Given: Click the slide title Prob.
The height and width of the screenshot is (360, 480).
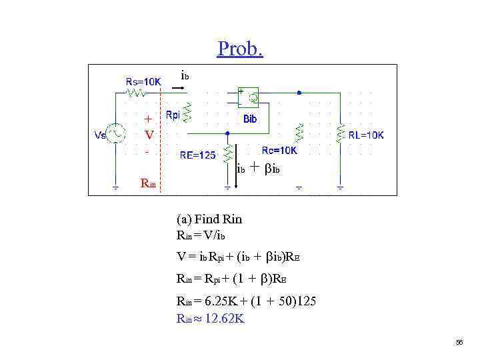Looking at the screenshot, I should point(240,49).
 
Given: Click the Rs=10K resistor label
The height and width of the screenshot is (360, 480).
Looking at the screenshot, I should point(143,82).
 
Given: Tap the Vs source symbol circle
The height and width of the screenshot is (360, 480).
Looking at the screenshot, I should point(115,135).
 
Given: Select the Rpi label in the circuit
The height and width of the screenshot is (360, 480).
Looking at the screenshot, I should point(173,115).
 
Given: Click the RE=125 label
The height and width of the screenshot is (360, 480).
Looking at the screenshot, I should point(198,155).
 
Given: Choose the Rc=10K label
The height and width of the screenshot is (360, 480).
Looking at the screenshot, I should point(279,151).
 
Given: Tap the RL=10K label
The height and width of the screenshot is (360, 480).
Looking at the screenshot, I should point(367,135).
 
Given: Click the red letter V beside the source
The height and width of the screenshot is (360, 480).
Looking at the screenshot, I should point(149,135).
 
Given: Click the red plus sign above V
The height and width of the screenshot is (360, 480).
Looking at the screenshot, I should point(148,119).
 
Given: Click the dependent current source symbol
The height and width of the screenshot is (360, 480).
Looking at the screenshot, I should point(253,99).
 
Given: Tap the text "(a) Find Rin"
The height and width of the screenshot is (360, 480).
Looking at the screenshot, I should point(209,219).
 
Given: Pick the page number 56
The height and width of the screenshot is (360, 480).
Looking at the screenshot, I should point(459,342).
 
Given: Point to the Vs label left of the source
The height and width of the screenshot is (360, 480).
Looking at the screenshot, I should point(100,135).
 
